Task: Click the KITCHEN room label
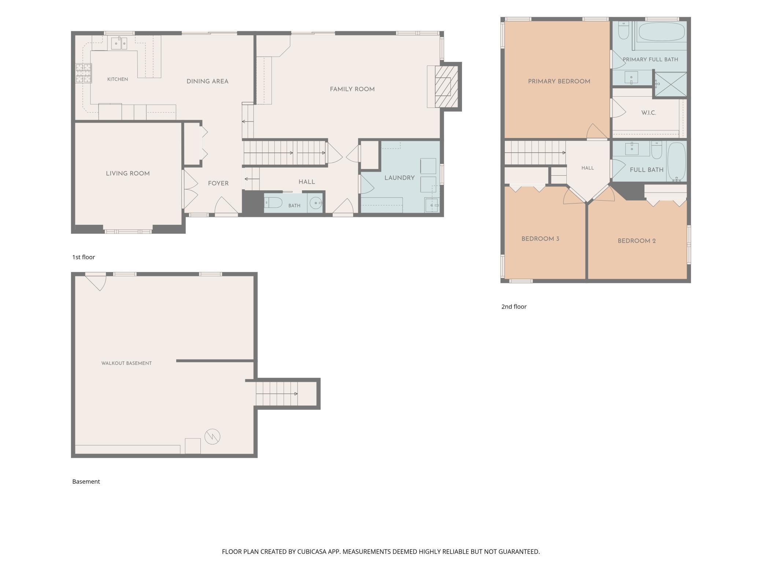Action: [x=118, y=79]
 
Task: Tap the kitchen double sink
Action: [x=119, y=43]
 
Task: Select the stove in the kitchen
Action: [x=84, y=73]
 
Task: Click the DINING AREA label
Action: [x=207, y=82]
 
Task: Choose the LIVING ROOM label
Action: [x=128, y=173]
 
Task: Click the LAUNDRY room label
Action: [x=399, y=178]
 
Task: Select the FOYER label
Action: [x=218, y=183]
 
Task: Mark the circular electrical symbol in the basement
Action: [x=212, y=437]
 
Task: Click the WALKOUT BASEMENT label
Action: [x=126, y=363]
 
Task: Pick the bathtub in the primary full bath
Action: [x=662, y=32]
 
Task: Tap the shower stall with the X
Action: [x=670, y=84]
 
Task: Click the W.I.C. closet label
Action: [x=648, y=113]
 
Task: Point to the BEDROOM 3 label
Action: [x=540, y=239]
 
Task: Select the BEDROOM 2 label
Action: [x=637, y=241]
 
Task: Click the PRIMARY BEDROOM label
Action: [x=559, y=82]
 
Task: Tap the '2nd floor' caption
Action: [x=514, y=307]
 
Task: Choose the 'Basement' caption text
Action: [x=86, y=482]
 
